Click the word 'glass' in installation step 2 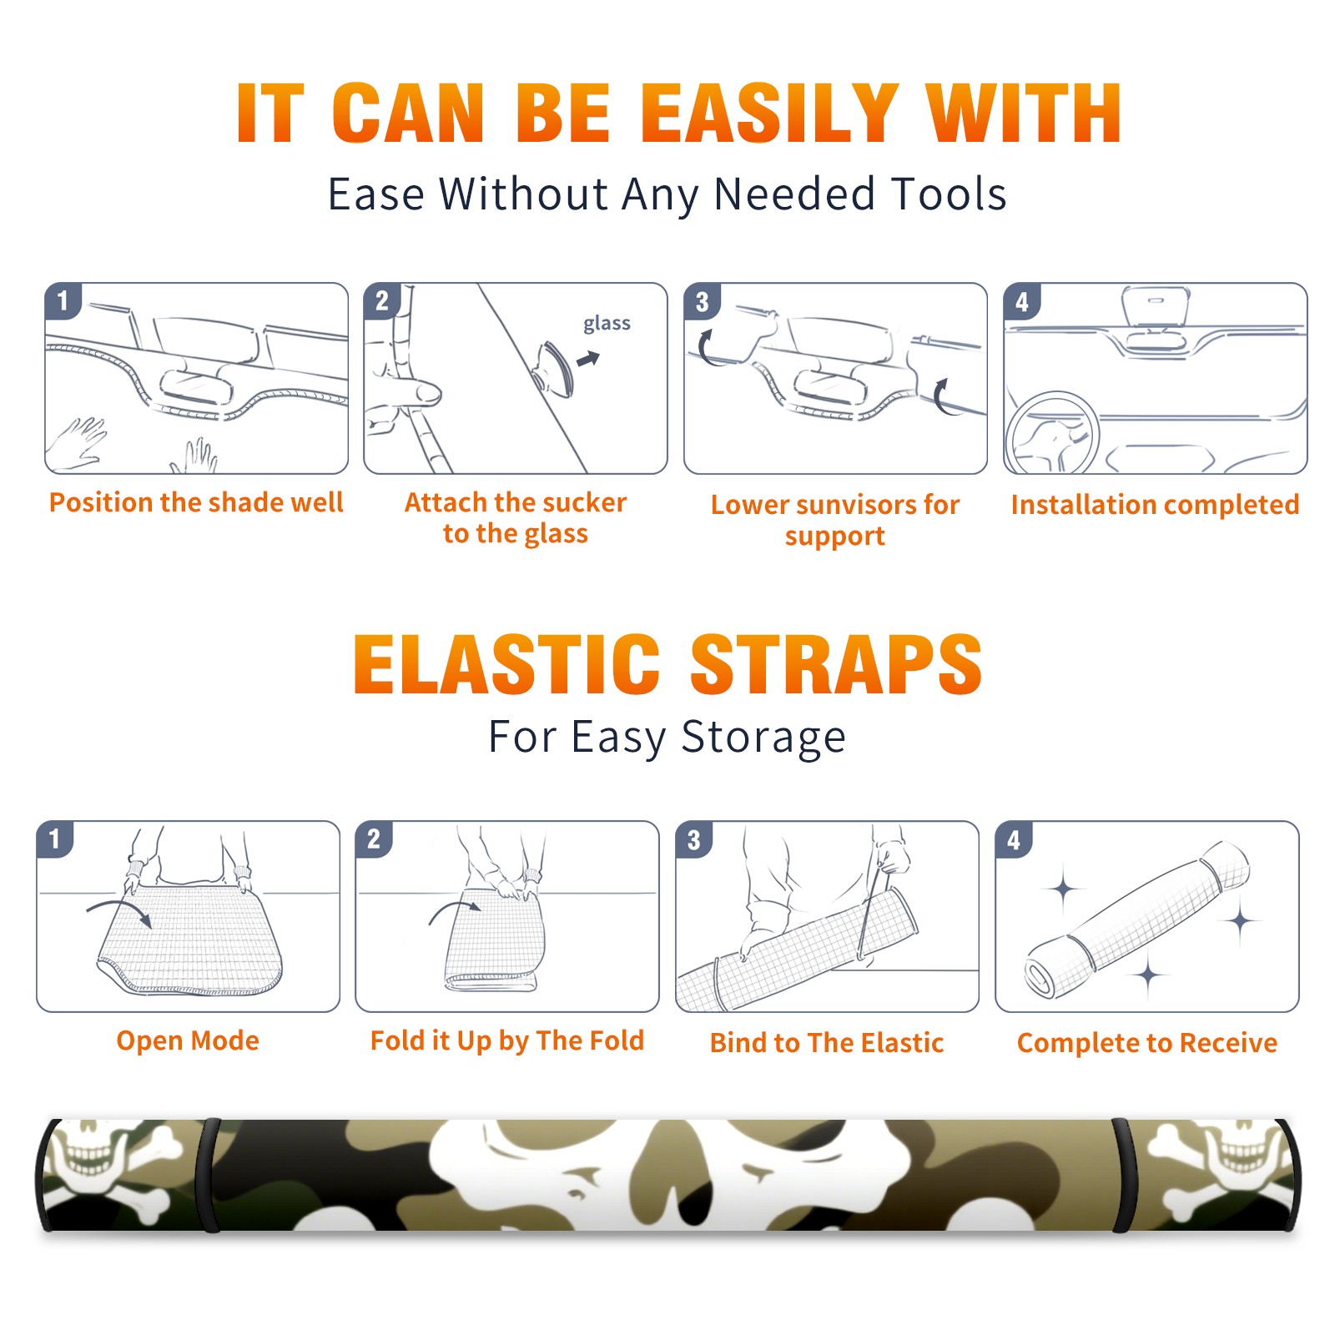pyautogui.click(x=607, y=324)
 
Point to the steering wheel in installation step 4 pyautogui.click(x=1053, y=432)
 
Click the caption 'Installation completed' pyautogui.click(x=1155, y=505)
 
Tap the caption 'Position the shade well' pyautogui.click(x=196, y=502)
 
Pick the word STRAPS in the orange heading pyautogui.click(x=836, y=664)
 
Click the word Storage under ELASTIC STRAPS pyautogui.click(x=763, y=738)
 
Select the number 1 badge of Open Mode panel pyautogui.click(x=55, y=839)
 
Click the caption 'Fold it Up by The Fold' pyautogui.click(x=507, y=1040)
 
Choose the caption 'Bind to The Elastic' pyautogui.click(x=827, y=1043)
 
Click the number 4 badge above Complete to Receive pyautogui.click(x=1013, y=839)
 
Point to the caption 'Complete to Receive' pyautogui.click(x=1147, y=1043)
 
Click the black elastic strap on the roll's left pyautogui.click(x=209, y=1175)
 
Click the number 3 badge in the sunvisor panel pyautogui.click(x=702, y=301)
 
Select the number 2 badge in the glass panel pyautogui.click(x=382, y=300)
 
